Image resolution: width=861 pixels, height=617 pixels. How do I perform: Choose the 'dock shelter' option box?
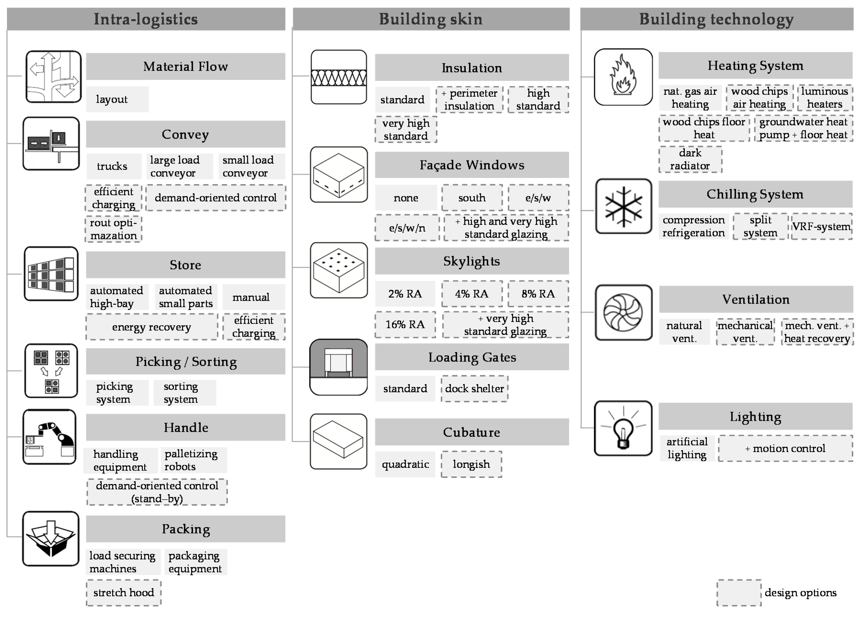coord(474,388)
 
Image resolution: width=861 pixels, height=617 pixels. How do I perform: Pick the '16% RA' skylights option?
coord(405,324)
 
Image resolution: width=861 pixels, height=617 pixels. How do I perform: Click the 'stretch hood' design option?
coord(123,592)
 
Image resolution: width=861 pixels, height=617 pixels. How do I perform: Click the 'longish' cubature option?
coord(471,464)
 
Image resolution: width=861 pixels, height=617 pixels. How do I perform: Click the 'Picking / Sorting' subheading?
coord(186,362)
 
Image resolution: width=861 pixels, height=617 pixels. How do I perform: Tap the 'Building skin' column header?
coord(431,19)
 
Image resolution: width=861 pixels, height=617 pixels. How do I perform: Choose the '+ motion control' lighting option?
coord(785,448)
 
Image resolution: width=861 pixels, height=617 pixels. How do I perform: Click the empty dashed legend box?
coord(739,592)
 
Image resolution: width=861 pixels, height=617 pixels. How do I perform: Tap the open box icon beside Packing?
coord(51,538)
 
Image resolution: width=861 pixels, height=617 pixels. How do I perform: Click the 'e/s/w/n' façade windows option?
coord(407,228)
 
